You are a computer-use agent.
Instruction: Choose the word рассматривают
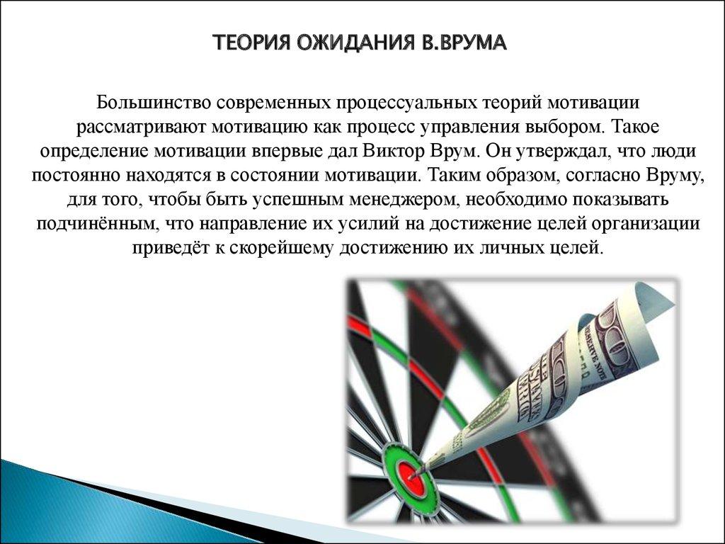coord(141,127)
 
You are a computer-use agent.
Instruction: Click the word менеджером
coord(402,200)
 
